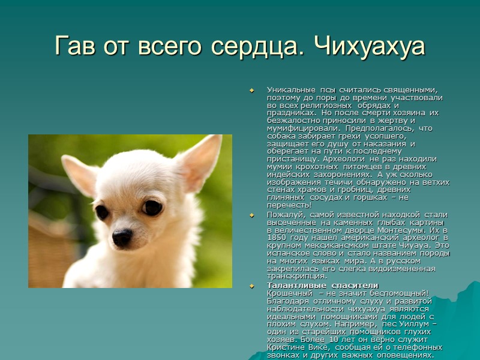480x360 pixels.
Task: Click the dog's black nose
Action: [x=122, y=237]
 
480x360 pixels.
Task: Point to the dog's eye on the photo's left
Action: [x=102, y=212]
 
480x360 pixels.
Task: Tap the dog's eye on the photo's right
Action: [x=152, y=208]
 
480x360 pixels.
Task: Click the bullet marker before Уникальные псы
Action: [x=252, y=90]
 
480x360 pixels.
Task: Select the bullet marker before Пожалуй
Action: [x=252, y=214]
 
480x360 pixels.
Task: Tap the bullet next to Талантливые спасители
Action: [x=252, y=285]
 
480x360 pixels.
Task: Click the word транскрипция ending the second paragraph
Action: [x=296, y=277]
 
